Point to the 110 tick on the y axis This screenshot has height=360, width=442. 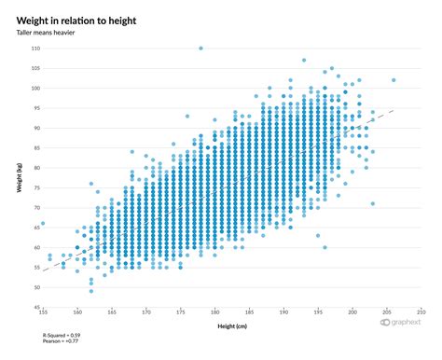(35, 48)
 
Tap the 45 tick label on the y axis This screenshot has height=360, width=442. (36, 307)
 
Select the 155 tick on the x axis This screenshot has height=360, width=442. (43, 312)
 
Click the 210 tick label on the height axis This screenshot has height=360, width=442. (421, 312)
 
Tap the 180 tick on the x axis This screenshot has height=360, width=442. (215, 312)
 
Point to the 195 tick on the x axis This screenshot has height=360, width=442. (318, 312)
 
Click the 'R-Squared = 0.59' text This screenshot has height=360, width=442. (62, 334)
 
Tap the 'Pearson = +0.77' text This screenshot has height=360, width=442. (60, 340)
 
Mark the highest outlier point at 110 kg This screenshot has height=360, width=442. (200, 48)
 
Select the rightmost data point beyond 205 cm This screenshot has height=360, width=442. (394, 80)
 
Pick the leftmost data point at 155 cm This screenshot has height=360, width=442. (43, 224)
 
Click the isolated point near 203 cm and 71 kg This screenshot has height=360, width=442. (373, 203)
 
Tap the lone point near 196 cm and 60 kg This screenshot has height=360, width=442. (325, 247)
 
